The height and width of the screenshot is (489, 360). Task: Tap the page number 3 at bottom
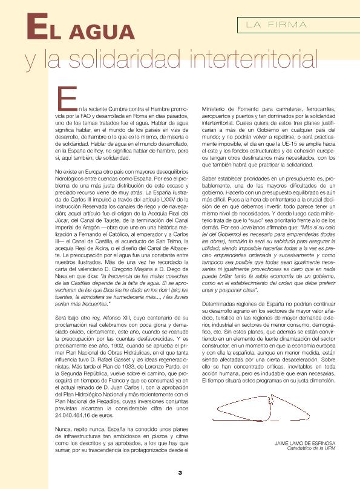180,472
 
